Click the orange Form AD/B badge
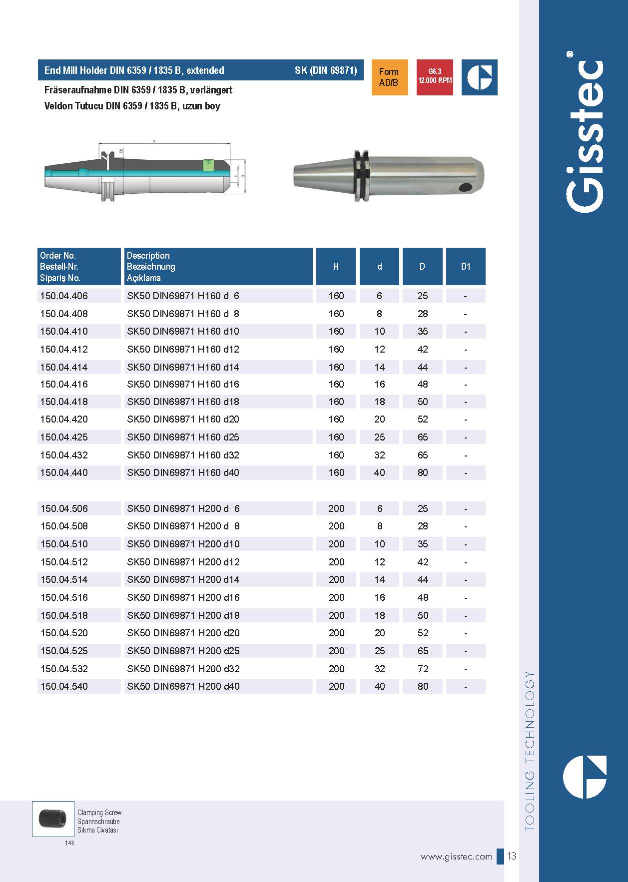point(389,77)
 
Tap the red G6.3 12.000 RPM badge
point(435,77)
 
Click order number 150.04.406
point(64,296)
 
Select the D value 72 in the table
point(423,669)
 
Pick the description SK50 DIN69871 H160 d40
point(183,472)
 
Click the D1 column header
point(465,267)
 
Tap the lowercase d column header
point(379,267)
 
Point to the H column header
point(336,267)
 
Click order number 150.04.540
point(64,686)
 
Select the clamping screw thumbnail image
point(52,819)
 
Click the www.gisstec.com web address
point(456,857)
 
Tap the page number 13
point(512,856)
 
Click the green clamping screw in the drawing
point(207,165)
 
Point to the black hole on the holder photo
point(466,188)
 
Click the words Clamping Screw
point(99,813)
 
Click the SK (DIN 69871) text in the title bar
point(326,70)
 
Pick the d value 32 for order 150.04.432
point(379,455)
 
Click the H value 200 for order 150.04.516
point(336,597)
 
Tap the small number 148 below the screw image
point(69,843)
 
